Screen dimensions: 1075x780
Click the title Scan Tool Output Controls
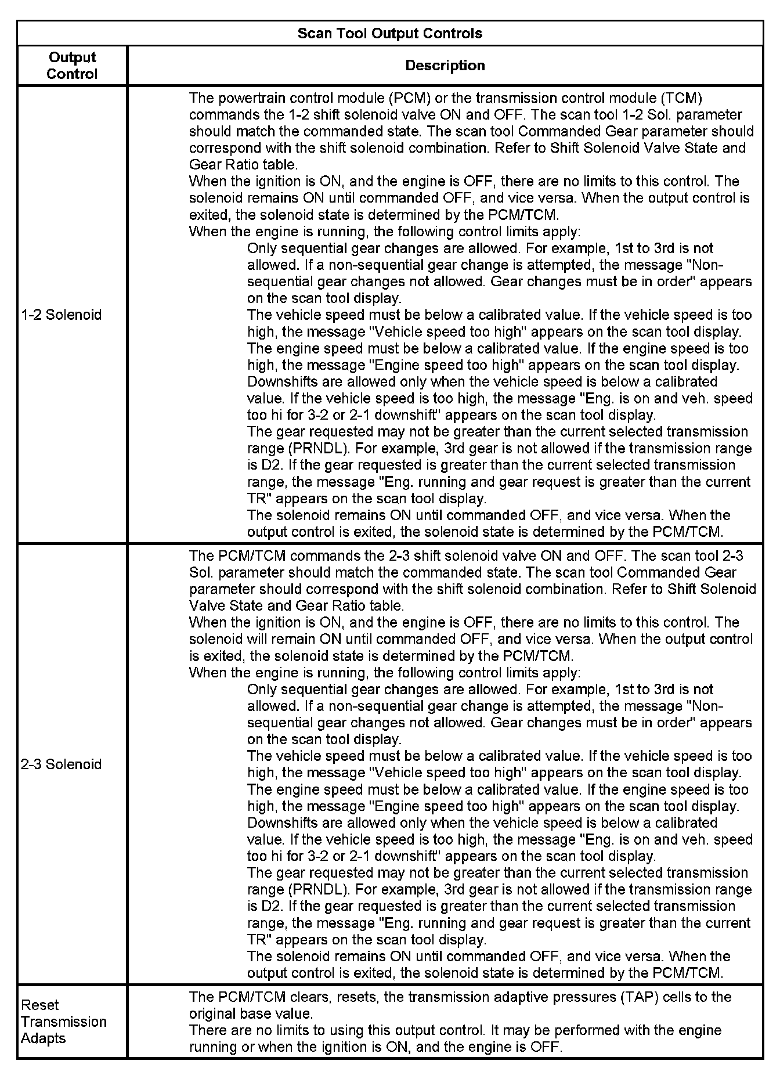click(x=389, y=33)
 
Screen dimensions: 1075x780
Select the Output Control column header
click(x=72, y=66)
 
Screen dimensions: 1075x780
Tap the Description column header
click(x=445, y=66)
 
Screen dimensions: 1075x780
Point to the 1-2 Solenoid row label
click(x=61, y=315)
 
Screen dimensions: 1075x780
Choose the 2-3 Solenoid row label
click(x=61, y=764)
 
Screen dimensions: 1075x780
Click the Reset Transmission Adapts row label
click(x=63, y=1022)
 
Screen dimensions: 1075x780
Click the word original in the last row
click(x=212, y=1014)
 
